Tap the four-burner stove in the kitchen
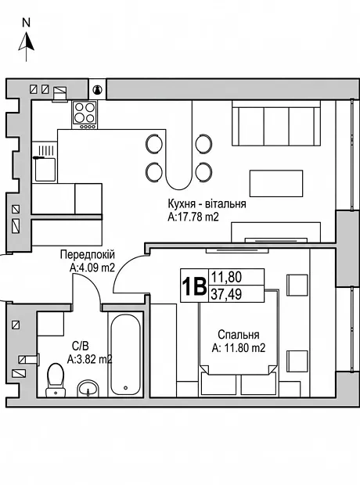tap(85, 114)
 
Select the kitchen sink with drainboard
tap(45, 162)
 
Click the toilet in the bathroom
tap(56, 380)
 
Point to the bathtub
tap(125, 355)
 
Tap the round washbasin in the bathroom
tap(88, 389)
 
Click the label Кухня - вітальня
tap(207, 204)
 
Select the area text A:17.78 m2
tap(193, 217)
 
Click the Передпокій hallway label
tap(88, 255)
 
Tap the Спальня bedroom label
tap(239, 335)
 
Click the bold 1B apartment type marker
tap(194, 286)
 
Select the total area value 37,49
tap(226, 294)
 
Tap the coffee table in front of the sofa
tap(276, 183)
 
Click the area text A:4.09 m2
tap(92, 268)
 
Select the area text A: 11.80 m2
tap(239, 348)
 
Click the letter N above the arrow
tap(27, 23)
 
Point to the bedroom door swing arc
tap(127, 268)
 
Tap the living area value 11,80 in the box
tap(226, 277)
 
